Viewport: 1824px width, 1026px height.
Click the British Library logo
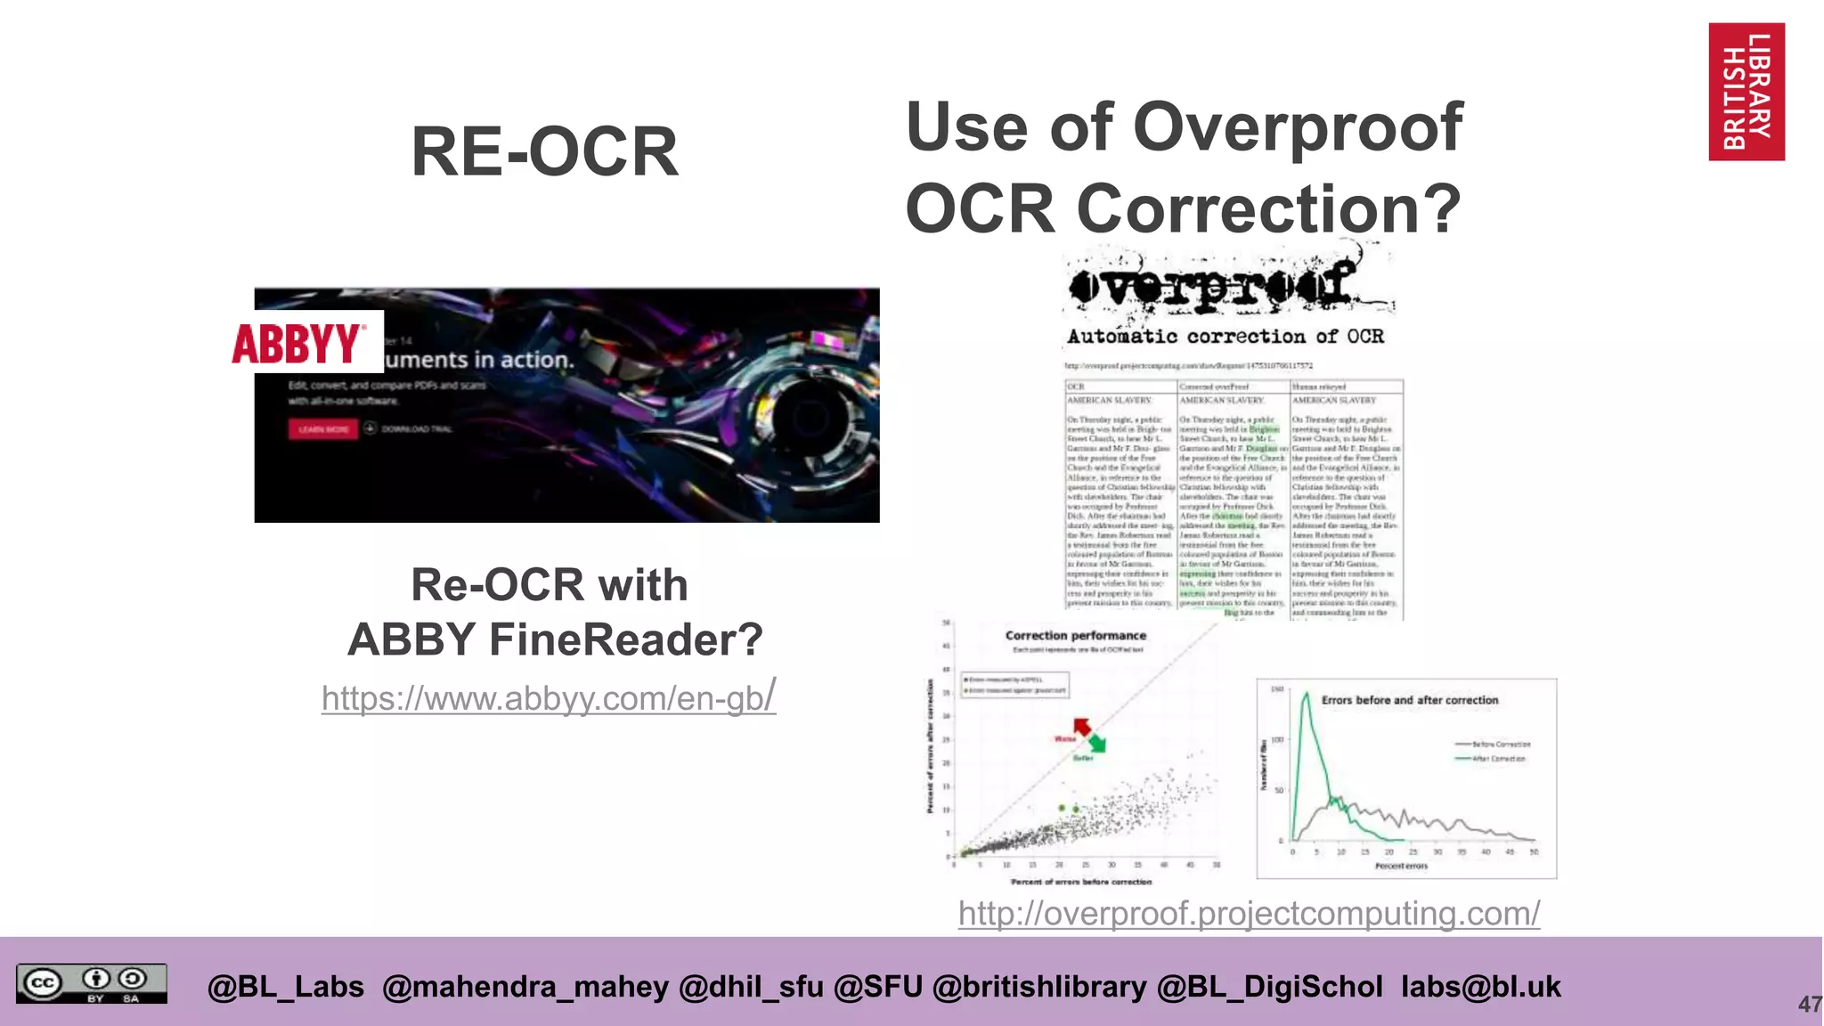point(1746,92)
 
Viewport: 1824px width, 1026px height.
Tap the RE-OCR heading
point(545,152)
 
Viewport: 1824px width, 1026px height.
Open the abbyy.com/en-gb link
point(548,698)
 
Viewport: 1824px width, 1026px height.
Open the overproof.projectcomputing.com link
point(1249,913)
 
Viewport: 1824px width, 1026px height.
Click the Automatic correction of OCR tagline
point(1225,337)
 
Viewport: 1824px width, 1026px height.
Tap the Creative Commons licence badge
point(91,984)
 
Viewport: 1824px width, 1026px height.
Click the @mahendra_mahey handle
point(525,987)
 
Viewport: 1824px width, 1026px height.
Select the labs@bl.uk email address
point(1480,987)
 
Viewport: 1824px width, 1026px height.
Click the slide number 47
point(1809,1005)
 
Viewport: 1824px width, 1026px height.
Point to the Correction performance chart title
point(1075,636)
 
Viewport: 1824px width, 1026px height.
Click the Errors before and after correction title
point(1409,700)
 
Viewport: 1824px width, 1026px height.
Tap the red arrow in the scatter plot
point(1082,727)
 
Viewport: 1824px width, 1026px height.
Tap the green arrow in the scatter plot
point(1097,743)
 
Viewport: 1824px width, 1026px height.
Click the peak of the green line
point(1306,695)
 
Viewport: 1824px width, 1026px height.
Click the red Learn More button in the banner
point(322,429)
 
